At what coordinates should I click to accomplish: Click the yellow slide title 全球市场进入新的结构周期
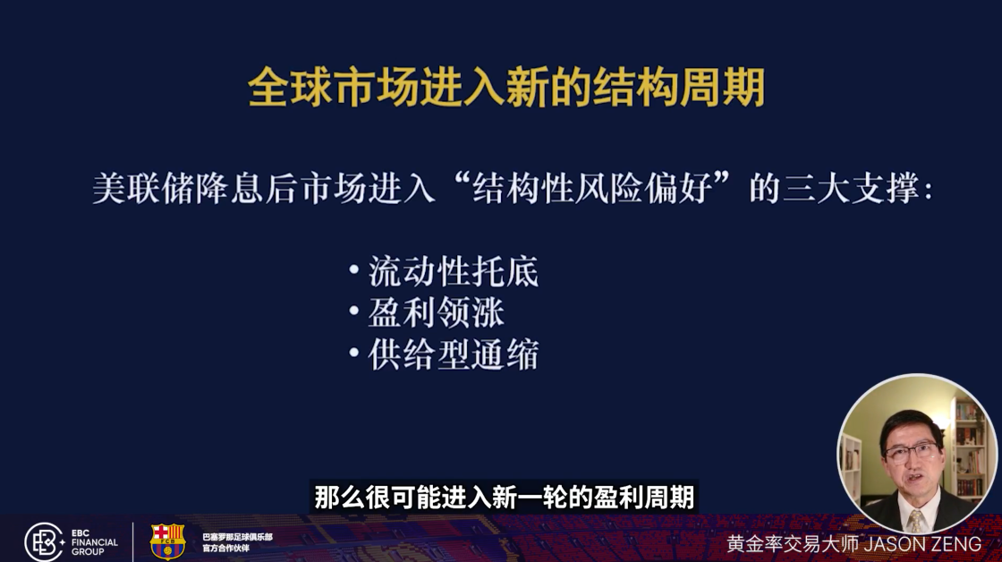click(x=506, y=89)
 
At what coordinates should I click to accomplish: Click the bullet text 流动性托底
click(x=453, y=271)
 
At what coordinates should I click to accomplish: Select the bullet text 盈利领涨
click(x=436, y=312)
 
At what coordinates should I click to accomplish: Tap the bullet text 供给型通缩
click(x=453, y=354)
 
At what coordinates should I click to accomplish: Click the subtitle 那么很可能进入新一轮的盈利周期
click(x=504, y=498)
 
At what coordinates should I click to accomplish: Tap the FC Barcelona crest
click(x=167, y=541)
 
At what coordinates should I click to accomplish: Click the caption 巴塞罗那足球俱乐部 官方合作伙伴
click(x=237, y=542)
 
